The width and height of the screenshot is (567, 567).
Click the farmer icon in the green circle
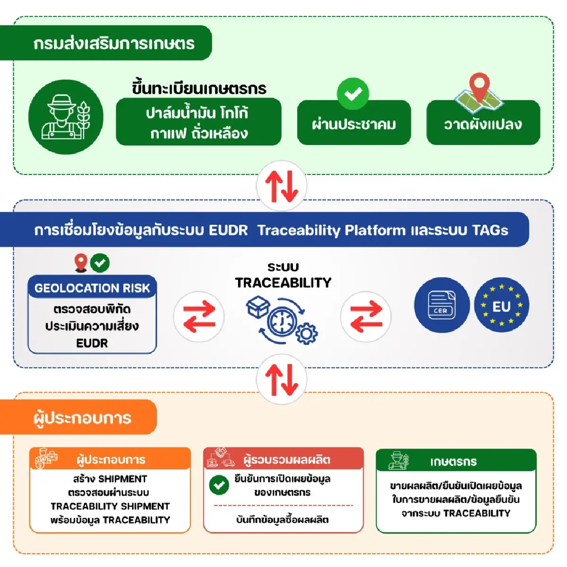tap(66, 117)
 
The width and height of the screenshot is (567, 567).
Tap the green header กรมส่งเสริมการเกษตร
tap(113, 43)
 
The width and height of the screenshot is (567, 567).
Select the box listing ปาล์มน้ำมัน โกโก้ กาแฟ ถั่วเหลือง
tap(198, 122)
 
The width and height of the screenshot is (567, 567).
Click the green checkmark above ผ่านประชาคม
tap(353, 94)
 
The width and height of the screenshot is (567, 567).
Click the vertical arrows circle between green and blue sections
tap(282, 186)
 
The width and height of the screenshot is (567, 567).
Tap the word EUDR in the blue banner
tap(228, 230)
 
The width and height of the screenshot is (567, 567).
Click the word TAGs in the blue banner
tap(490, 230)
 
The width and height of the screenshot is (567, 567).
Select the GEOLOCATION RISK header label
tap(92, 288)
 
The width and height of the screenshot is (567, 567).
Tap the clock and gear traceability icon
tap(283, 319)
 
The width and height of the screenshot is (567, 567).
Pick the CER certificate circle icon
tap(441, 305)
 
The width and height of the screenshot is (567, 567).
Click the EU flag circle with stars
tap(501, 305)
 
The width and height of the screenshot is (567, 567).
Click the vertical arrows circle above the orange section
tap(282, 379)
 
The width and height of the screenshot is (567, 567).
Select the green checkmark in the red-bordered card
tap(219, 485)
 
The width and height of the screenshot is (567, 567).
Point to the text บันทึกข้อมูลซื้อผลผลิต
tap(282, 520)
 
